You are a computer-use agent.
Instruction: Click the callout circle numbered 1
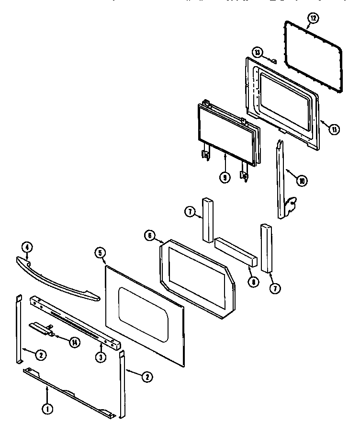47,409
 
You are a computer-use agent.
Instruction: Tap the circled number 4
27,247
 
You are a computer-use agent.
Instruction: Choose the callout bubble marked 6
149,235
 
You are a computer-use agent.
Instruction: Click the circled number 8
252,281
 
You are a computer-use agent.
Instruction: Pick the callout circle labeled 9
225,176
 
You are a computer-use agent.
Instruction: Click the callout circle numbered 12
312,18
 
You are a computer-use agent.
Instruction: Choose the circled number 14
75,342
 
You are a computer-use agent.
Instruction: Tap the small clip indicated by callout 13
274,60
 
